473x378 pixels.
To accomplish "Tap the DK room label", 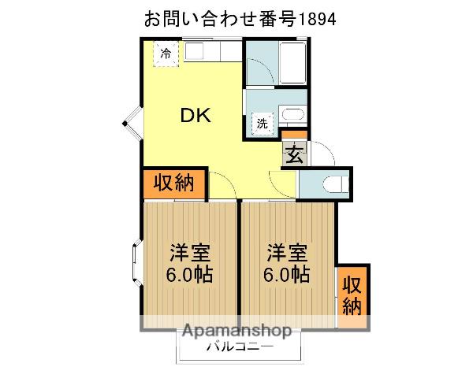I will [195, 115].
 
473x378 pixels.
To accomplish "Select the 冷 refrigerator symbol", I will [166, 54].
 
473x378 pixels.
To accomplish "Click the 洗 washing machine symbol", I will [262, 123].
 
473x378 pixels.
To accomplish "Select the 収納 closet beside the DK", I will [173, 183].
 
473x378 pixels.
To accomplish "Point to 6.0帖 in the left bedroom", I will [191, 276].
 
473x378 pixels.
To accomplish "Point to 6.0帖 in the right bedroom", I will [286, 276].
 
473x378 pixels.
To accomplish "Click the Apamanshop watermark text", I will [237, 332].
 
